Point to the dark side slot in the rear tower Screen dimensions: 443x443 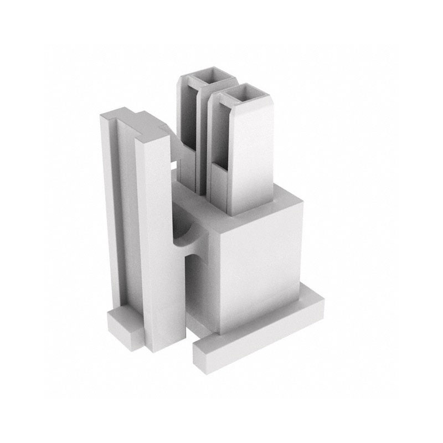point(187,122)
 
